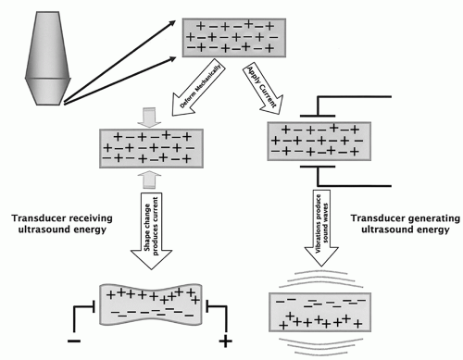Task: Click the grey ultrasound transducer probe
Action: click(48, 58)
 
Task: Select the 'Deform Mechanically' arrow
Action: click(198, 90)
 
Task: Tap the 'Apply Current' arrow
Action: click(263, 89)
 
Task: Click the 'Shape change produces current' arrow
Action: click(151, 230)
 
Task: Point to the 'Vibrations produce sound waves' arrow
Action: click(321, 228)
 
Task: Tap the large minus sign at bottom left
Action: click(74, 341)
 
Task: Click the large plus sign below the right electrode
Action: click(225, 341)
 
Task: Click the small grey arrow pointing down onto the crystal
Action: click(149, 118)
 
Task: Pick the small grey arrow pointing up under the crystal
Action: click(149, 180)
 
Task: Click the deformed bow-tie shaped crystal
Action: click(151, 304)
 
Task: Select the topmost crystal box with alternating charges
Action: click(234, 38)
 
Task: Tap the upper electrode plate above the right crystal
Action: click(318, 117)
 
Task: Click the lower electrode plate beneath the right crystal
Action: click(318, 167)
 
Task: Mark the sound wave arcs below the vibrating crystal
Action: click(320, 345)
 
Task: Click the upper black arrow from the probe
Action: click(119, 62)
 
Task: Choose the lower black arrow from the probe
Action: click(119, 81)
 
